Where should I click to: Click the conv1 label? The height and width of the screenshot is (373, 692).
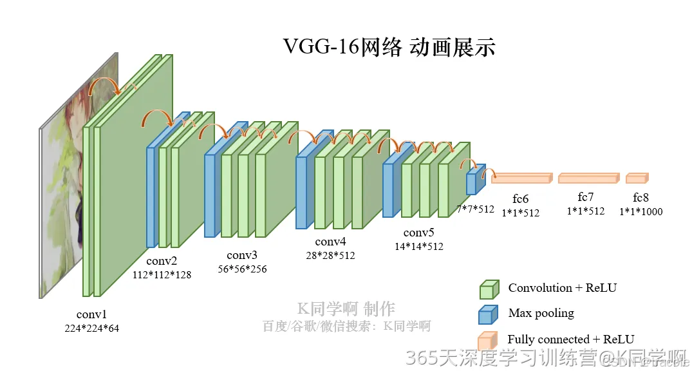[91, 314]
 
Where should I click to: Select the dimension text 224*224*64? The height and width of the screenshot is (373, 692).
[91, 328]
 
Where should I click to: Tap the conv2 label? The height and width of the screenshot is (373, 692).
[162, 261]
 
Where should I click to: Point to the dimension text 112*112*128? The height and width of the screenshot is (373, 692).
[162, 274]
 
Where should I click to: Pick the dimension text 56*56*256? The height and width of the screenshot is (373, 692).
[242, 269]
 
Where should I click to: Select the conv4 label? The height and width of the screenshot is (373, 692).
[330, 242]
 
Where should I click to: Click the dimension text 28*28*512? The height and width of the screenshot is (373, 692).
[330, 255]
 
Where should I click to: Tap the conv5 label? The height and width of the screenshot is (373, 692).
[419, 233]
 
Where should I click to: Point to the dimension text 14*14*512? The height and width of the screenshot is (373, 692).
[419, 246]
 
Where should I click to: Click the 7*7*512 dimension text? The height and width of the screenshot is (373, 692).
[475, 209]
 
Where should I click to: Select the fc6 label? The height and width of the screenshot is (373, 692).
[521, 198]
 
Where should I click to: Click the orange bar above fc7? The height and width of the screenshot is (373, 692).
[588, 178]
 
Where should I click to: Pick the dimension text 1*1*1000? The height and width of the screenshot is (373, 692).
[641, 211]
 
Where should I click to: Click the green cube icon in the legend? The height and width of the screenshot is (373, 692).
[489, 289]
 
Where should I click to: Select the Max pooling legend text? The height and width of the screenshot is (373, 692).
[541, 313]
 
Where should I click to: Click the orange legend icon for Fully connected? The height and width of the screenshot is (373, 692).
[488, 340]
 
